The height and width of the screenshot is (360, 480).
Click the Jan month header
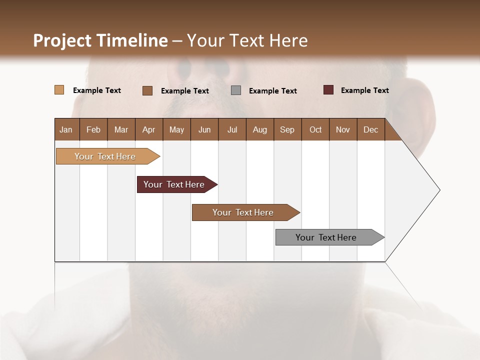pyautogui.click(x=66, y=129)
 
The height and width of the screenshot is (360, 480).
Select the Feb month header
pyautogui.click(x=93, y=129)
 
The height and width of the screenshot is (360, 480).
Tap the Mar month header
pyautogui.click(x=121, y=129)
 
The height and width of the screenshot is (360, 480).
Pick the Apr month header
pyautogui.click(x=149, y=129)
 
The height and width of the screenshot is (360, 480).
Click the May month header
pyautogui.click(x=176, y=129)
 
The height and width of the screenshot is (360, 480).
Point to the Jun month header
pyautogui.click(x=204, y=129)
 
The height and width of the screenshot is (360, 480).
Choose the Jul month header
pyautogui.click(x=232, y=129)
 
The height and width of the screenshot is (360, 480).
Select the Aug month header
pyautogui.click(x=260, y=129)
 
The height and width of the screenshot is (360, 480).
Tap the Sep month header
pyautogui.click(x=287, y=129)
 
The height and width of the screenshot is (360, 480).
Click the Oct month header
pyautogui.click(x=315, y=129)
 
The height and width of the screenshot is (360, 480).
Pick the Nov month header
pyautogui.click(x=343, y=129)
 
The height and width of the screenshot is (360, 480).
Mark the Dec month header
pyautogui.click(x=371, y=129)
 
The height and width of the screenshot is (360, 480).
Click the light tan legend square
pyautogui.click(x=59, y=90)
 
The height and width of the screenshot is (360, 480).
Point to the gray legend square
pyautogui.click(x=236, y=90)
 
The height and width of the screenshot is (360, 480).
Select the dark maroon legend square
pyautogui.click(x=328, y=90)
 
